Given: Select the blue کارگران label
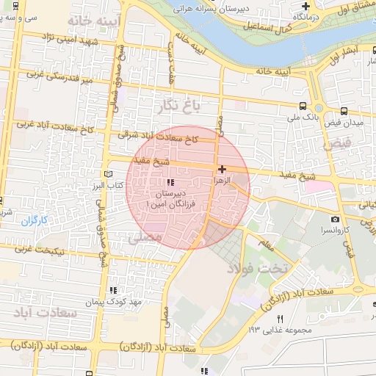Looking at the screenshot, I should (34, 220).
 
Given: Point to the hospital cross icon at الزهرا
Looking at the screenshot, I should (222, 169).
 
